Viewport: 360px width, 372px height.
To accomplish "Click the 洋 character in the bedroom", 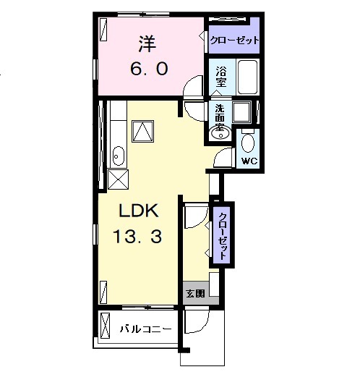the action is pos(147,44).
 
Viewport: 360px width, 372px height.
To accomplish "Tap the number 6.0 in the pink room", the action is pos(149,69).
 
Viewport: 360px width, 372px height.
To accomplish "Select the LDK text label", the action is pos(139,211).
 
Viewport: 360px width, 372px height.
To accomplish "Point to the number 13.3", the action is pos(137,236).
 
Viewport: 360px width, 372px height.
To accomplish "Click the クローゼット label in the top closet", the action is pos(234,41).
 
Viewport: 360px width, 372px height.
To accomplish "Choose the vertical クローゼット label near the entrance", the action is pos(223,236).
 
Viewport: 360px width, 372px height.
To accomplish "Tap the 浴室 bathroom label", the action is pos(221,77).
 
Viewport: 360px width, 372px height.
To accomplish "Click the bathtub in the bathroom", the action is pos(247,77).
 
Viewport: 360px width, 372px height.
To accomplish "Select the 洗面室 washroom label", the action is pos(220,117).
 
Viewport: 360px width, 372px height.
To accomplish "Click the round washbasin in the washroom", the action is pos(220,133).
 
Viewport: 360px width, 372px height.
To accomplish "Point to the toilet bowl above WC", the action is pos(248,143).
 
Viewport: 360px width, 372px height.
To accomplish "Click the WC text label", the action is pos(249,161).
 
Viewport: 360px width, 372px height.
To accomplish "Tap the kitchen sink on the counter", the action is pos(119,156).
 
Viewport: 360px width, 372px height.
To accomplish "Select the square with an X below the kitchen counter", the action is pos(118,179).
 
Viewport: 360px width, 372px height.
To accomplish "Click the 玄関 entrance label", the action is pos(195,293).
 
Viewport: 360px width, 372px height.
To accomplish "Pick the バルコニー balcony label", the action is pos(146,329).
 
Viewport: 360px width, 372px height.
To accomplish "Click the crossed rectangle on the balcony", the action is pos(105,326).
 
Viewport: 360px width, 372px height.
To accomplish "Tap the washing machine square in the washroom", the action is pos(241,112).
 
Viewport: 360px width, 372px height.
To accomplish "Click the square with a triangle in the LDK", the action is pos(143,131).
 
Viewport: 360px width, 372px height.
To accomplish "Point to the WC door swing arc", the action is pos(220,153).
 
